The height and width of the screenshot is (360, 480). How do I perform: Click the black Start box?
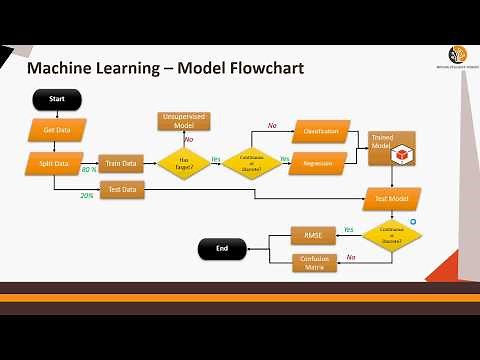tap(56, 99)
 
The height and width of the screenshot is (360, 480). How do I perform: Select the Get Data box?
tap(56, 129)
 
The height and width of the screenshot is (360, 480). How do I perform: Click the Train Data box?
tap(120, 162)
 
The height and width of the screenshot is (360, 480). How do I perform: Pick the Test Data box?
tap(120, 188)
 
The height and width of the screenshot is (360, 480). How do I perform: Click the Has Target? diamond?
tap(183, 163)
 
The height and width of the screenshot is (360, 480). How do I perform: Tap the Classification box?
tap(320, 131)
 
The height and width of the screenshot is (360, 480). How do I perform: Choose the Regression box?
tap(317, 163)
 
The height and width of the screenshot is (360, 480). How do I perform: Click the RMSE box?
tap(312, 237)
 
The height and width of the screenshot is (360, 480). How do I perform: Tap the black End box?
tap(221, 249)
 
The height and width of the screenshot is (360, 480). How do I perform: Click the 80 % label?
tap(89, 171)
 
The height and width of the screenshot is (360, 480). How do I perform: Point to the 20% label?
tap(87, 195)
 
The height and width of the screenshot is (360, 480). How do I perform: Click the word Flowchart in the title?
tap(256, 68)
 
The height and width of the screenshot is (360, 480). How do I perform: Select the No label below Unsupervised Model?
tap(188, 140)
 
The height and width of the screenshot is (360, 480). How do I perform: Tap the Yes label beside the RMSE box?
tap(348, 230)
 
